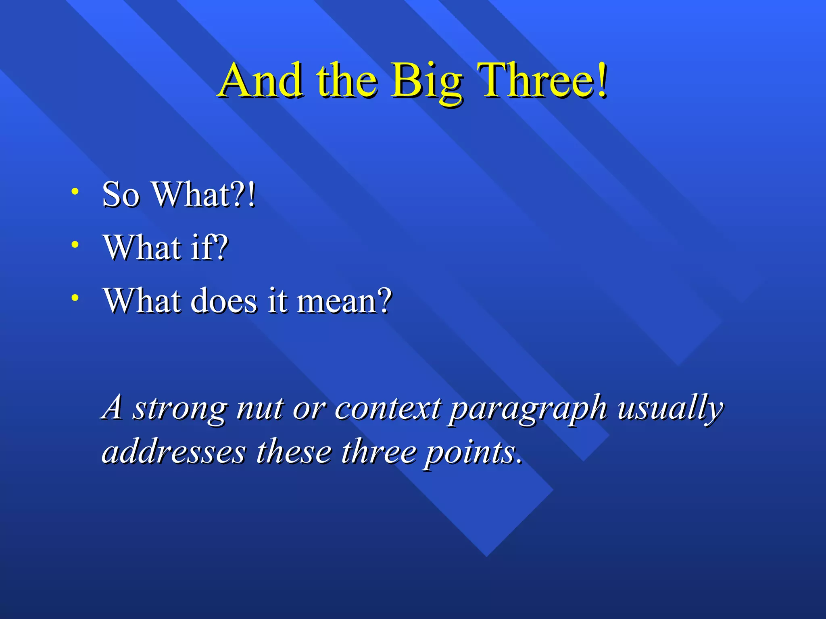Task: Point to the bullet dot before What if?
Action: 75,245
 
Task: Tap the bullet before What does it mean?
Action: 75,298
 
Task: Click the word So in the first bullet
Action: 121,195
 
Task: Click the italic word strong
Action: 179,409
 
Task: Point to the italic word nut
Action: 260,408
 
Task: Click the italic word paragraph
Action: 528,409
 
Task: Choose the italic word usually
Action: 670,408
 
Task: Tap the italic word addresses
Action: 173,452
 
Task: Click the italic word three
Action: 379,452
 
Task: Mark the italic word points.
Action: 472,453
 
